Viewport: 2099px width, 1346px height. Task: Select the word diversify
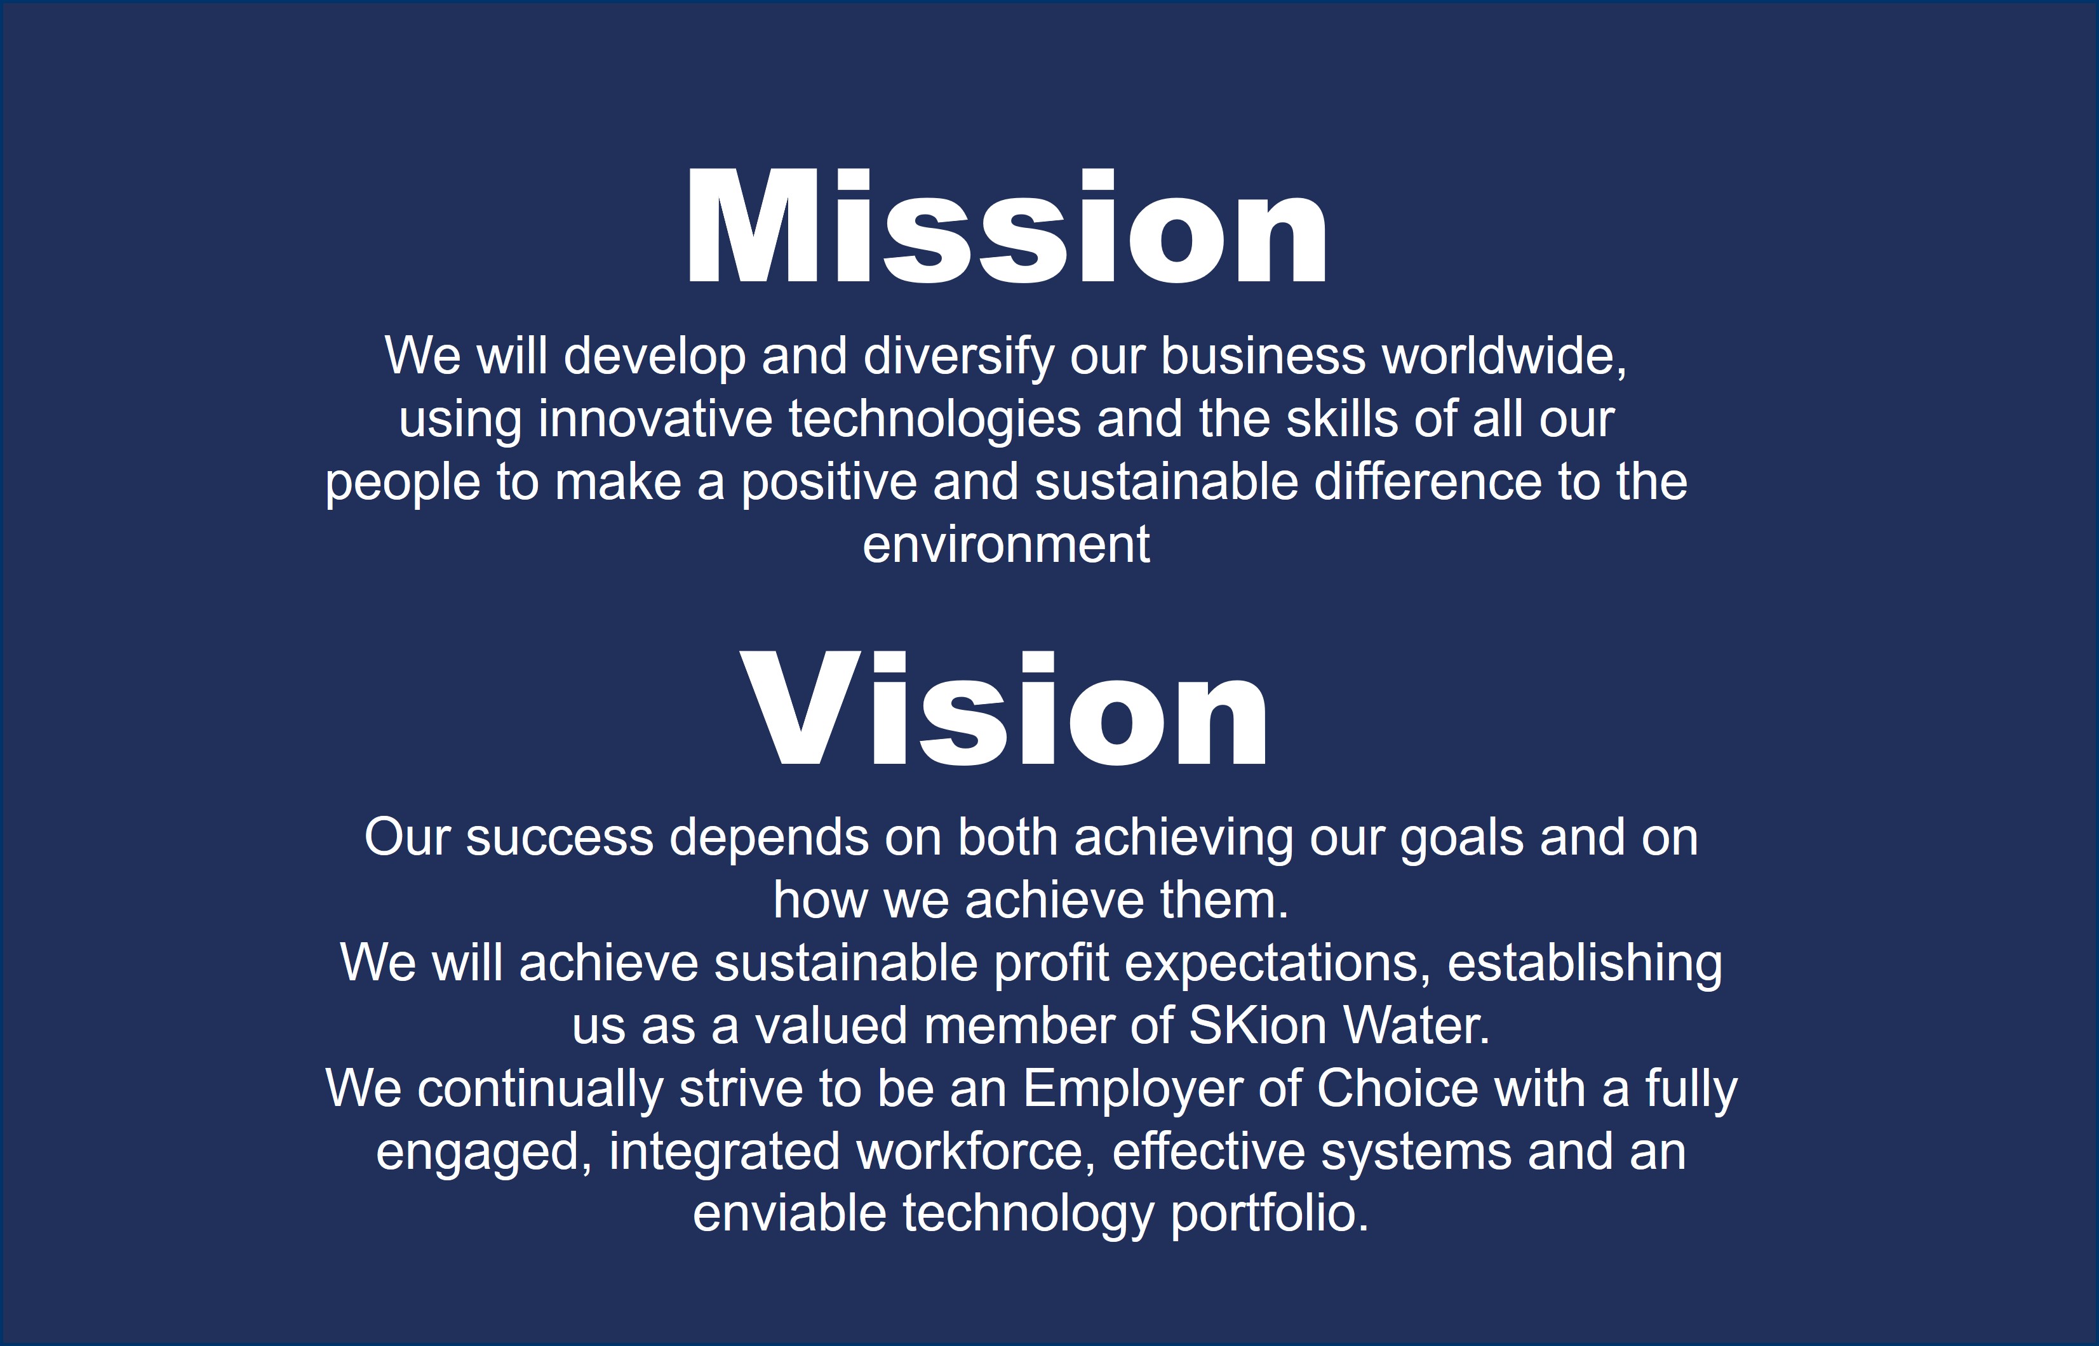(x=959, y=358)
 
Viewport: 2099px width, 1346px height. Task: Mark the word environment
(x=1006, y=545)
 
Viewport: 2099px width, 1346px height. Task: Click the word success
(x=560, y=838)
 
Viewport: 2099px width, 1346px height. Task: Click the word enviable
(x=789, y=1215)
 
